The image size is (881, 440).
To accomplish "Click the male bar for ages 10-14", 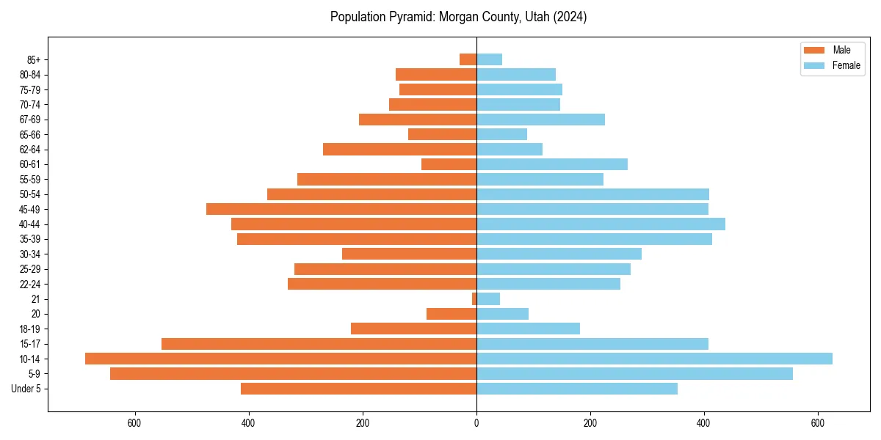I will pos(280,359).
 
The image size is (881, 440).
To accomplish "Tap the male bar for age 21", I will pos(474,298).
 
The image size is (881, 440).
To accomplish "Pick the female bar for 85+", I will pos(489,59).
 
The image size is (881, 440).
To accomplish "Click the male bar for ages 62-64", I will pos(399,149).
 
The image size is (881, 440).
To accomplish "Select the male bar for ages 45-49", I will pos(341,209).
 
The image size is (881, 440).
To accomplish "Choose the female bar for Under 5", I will pos(577,389).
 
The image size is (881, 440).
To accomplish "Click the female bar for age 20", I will pos(502,314).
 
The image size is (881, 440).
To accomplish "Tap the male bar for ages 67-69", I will pos(418,120).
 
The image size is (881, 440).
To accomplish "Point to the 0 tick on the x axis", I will pos(476,423).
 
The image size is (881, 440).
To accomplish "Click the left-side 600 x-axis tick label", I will pos(134,423).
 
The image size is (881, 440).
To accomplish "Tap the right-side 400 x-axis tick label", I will pos(704,423).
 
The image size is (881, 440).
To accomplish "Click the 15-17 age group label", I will pos(30,344).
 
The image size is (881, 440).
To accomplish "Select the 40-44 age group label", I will pos(30,224).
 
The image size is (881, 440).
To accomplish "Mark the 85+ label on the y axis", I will pos(34,59).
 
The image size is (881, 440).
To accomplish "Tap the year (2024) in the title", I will pos(570,17).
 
